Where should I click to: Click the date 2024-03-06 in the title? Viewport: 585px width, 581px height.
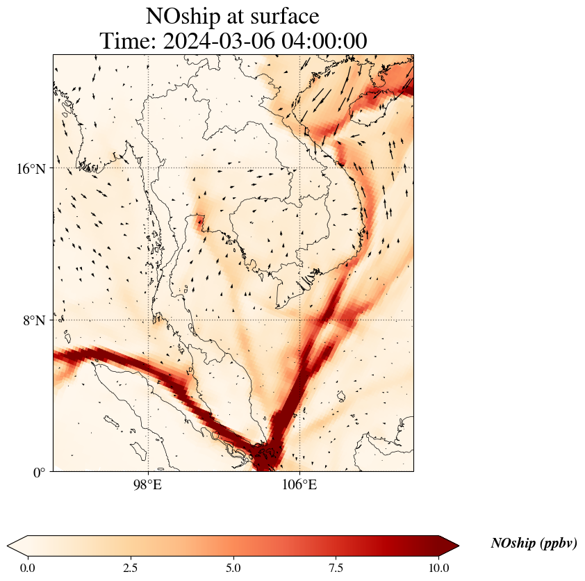pos(220,41)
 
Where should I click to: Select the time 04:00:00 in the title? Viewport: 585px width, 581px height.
pos(324,41)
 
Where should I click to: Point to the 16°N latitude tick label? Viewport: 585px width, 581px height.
pos(31,168)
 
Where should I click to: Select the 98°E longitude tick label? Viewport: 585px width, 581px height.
pos(148,485)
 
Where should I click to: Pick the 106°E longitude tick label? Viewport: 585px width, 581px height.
pos(299,485)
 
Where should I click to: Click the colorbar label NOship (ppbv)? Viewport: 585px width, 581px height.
pos(534,543)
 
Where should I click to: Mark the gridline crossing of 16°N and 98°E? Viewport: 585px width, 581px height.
pos(148,168)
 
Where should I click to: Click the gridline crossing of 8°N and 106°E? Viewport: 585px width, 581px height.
pos(299,320)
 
